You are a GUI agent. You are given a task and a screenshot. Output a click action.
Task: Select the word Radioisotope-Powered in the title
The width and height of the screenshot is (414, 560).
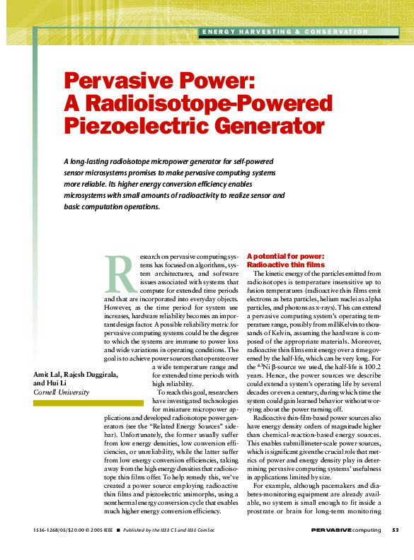195,103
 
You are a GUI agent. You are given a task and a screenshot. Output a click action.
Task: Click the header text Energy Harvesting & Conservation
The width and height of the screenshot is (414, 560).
286,32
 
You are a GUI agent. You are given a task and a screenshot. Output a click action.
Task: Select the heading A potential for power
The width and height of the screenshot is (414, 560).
284,256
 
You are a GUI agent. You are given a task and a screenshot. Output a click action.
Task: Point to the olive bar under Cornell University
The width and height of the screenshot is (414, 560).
79,402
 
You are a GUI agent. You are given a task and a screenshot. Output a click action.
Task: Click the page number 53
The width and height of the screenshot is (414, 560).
395,530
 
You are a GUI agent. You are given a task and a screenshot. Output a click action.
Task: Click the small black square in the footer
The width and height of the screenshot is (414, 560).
119,530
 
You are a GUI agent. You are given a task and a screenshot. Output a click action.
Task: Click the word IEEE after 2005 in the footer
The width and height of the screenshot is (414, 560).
108,530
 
